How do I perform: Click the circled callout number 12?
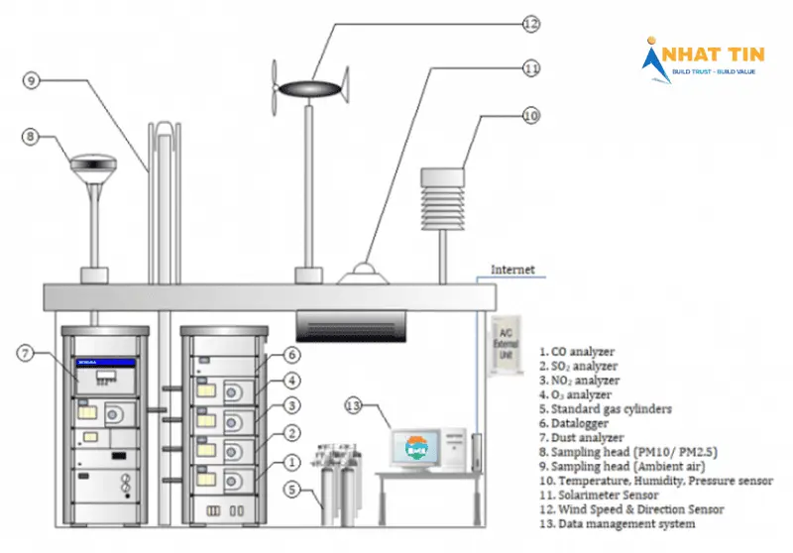click(x=531, y=23)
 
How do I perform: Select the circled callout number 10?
click(x=530, y=116)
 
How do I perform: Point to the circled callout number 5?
click(x=291, y=489)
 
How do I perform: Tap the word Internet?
click(x=512, y=270)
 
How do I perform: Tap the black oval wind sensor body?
click(x=309, y=89)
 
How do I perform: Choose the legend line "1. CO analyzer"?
click(x=578, y=351)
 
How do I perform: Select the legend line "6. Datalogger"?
click(x=579, y=422)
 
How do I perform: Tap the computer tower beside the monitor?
click(x=455, y=447)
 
